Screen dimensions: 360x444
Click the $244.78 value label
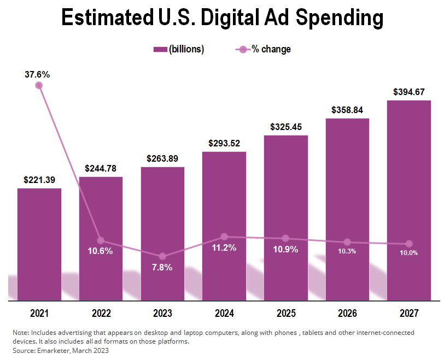[101, 169]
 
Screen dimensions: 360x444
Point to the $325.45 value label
[285, 127]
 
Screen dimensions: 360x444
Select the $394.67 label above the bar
[408, 92]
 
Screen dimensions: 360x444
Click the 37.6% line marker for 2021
[39, 85]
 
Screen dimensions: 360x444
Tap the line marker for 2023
[162, 256]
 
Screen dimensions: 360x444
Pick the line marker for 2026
[347, 242]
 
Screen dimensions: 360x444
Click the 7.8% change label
[162, 268]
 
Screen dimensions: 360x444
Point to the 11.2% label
[224, 248]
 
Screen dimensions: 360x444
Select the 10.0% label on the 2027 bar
[408, 252]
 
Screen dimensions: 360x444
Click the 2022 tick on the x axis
[101, 314]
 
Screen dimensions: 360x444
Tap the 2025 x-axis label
[285, 314]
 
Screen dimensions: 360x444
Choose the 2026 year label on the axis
[347, 314]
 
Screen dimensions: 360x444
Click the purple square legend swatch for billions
[160, 50]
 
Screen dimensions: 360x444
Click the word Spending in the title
[339, 18]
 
